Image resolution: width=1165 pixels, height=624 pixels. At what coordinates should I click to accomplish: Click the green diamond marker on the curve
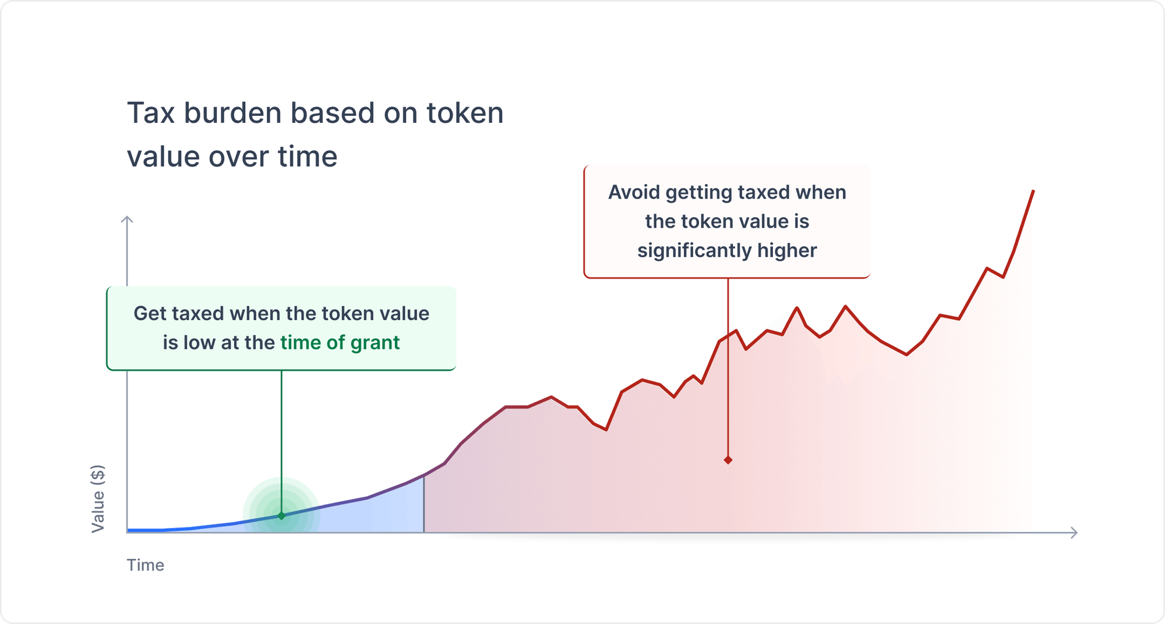(281, 516)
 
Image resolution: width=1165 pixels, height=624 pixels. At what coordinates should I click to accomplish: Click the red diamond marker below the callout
(728, 460)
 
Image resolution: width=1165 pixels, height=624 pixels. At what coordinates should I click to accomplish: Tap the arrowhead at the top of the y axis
(127, 219)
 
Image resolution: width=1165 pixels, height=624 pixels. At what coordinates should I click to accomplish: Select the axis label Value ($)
(98, 499)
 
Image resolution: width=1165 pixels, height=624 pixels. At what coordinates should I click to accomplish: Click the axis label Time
(145, 565)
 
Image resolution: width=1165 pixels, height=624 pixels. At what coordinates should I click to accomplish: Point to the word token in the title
(464, 113)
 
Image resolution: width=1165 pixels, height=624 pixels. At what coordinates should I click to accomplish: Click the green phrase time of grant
(340, 343)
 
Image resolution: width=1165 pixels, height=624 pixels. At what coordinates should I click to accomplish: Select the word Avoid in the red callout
(634, 193)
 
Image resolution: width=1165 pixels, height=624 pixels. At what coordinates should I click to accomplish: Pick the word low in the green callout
(200, 343)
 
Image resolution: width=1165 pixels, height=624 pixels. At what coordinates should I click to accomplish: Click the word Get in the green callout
(149, 314)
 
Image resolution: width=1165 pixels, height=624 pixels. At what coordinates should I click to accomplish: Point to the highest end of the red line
(1033, 192)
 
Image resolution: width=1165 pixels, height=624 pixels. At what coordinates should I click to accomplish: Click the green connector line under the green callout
(281, 437)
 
